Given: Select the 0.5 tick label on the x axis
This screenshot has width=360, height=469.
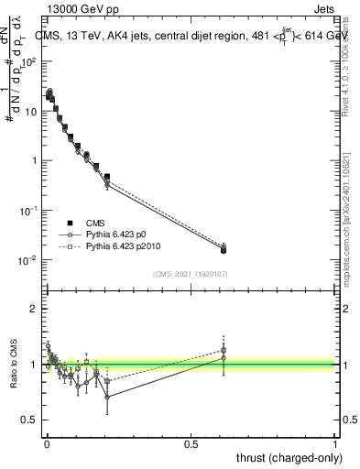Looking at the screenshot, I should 191,442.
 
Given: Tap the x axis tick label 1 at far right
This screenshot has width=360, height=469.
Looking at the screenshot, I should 335,442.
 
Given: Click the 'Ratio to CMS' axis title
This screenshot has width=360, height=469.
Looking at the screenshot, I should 12,365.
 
